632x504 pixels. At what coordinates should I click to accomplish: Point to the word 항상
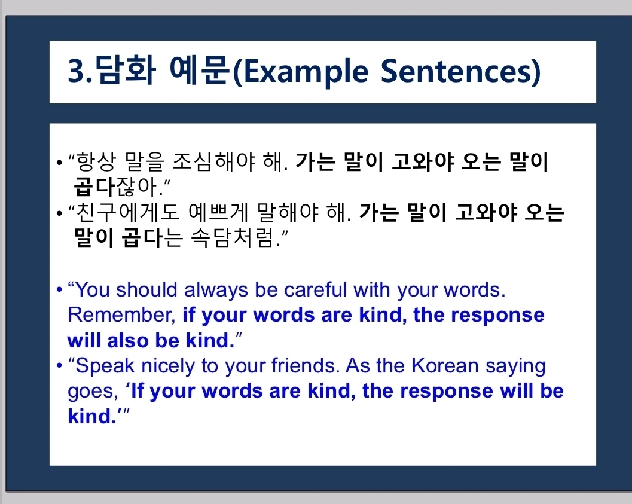point(96,161)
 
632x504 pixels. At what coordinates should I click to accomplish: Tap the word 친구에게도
point(128,212)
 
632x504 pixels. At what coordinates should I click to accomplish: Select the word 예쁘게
point(218,212)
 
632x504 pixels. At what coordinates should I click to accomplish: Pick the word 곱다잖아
point(118,186)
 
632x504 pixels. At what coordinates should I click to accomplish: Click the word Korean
point(445,366)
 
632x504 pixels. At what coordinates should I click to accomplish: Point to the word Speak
point(105,366)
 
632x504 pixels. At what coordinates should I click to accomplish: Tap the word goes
point(93,392)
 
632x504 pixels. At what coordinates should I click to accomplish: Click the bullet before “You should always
point(60,290)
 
